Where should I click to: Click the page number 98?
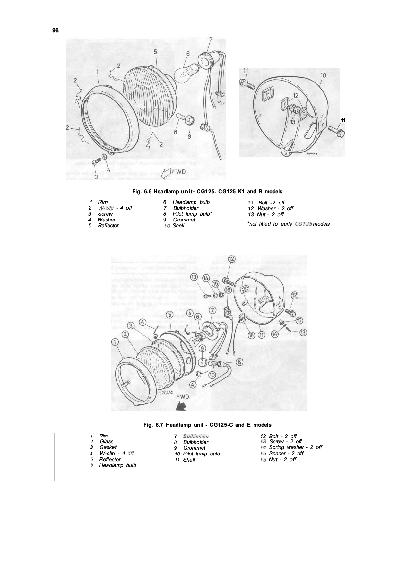pyautogui.click(x=55, y=30)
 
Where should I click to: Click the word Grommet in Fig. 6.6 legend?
pyautogui.click(x=184, y=220)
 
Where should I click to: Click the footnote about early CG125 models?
pyautogui.click(x=289, y=224)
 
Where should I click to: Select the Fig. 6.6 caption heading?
pyautogui.click(x=207, y=192)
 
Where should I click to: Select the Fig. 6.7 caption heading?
pyautogui.click(x=207, y=425)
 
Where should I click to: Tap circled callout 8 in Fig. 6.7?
pyautogui.click(x=239, y=362)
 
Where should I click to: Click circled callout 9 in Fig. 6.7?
pyautogui.click(x=202, y=348)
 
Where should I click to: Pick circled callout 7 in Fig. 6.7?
pyautogui.click(x=212, y=310)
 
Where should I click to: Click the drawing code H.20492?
pyautogui.click(x=165, y=393)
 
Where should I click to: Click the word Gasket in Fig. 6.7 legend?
pyautogui.click(x=108, y=447)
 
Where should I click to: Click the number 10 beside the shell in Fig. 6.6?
pyautogui.click(x=323, y=75)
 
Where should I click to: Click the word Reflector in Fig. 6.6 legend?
pyautogui.click(x=108, y=226)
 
